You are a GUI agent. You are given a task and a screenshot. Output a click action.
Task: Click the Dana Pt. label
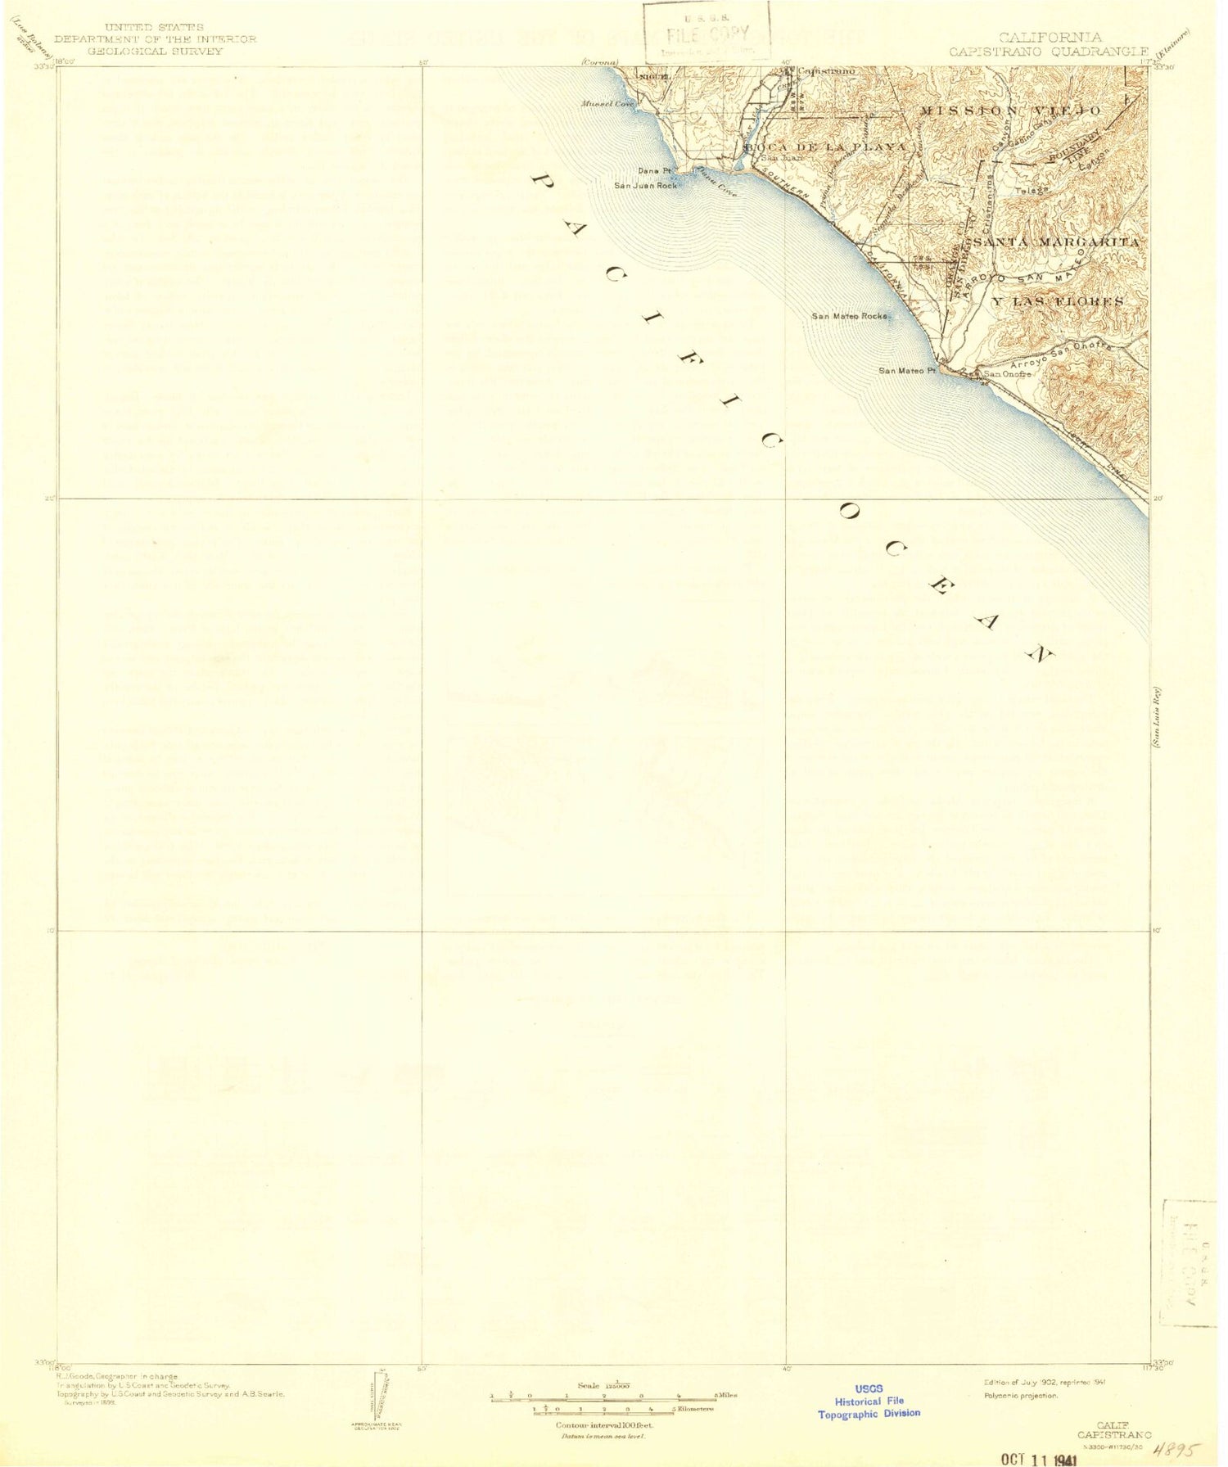pos(655,171)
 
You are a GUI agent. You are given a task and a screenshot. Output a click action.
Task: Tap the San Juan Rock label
pos(646,186)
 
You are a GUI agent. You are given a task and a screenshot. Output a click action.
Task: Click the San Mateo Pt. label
pos(906,371)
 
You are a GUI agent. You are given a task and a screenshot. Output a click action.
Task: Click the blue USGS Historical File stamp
pos(869,1401)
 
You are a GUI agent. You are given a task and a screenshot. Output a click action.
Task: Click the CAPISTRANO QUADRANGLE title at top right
pos(1049,51)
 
